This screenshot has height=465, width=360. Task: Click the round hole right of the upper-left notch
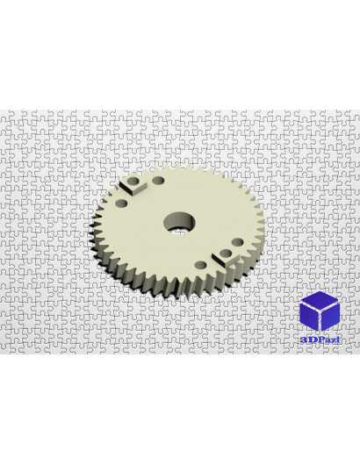[x=158, y=180]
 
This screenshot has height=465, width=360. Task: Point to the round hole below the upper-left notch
[x=121, y=204]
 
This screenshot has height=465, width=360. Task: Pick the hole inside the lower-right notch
[x=226, y=254]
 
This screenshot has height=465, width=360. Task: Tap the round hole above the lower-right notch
[x=238, y=242]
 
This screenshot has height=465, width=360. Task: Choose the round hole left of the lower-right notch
[x=202, y=265]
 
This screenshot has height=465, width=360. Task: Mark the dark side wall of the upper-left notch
[x=126, y=189]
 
